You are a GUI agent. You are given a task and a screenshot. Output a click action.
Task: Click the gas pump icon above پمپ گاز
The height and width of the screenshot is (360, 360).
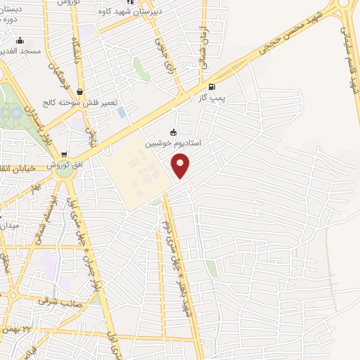coord(212,88)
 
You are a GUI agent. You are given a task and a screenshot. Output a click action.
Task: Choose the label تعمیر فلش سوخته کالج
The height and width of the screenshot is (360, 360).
coord(79,102)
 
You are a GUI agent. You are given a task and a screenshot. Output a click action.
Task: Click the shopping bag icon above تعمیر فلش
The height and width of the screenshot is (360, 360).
coord(79,91)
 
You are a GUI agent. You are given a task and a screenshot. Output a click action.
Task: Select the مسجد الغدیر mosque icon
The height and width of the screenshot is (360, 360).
coord(20,41)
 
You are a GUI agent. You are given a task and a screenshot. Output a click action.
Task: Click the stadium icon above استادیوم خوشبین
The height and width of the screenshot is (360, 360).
coord(173,132)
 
